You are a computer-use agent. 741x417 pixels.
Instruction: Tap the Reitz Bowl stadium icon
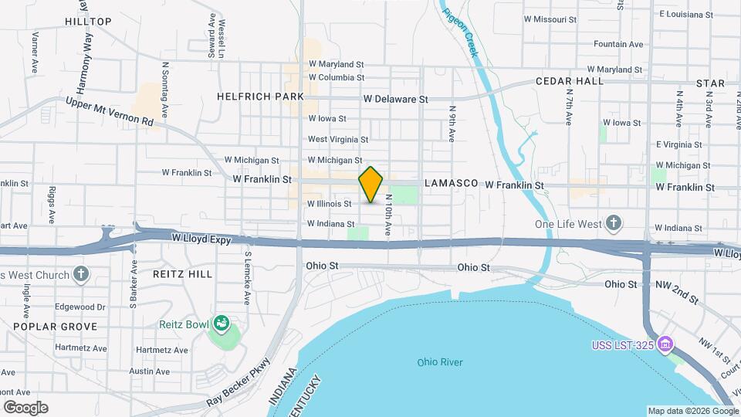point(222,323)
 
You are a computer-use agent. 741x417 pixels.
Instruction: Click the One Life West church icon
point(614,224)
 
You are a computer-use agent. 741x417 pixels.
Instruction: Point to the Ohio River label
point(439,362)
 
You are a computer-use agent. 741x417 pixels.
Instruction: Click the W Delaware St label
point(395,99)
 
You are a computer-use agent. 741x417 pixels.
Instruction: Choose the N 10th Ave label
point(388,214)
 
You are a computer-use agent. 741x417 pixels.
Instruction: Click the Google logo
point(25,408)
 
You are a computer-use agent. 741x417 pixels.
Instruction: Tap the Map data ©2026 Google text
point(692,411)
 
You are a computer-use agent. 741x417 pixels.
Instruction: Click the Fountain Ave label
point(618,45)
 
